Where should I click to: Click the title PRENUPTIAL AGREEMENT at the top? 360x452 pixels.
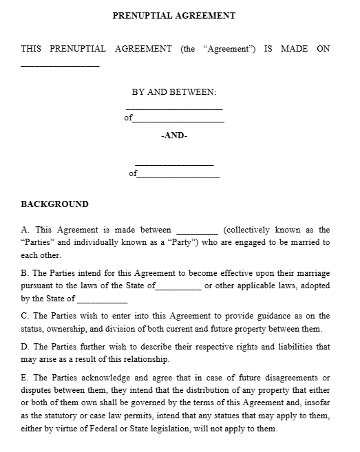coord(174,15)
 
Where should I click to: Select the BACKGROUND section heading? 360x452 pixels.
coord(54,204)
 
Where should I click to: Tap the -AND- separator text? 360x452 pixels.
coord(174,136)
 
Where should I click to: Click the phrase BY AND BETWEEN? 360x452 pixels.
coord(174,92)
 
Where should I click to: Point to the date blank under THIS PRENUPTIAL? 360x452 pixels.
coord(60,65)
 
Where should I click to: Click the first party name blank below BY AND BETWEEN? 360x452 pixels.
coord(174,108)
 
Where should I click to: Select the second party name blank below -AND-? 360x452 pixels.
coord(174,164)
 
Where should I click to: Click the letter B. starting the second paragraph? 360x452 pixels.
coord(25,272)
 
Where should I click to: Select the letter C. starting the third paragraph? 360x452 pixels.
coord(25,316)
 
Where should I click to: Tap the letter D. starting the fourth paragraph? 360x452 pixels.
coord(25,347)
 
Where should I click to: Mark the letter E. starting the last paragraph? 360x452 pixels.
coord(25,378)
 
